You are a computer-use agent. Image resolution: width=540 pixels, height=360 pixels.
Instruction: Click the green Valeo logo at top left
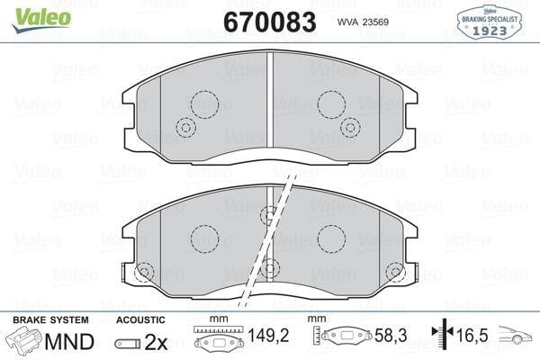41,20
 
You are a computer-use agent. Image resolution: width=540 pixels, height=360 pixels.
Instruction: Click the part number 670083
270,22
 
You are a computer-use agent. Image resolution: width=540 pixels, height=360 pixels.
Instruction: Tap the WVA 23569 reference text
363,22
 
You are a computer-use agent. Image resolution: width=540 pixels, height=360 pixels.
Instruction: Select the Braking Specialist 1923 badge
489,22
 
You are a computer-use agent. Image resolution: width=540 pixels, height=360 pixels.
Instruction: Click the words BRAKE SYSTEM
50,320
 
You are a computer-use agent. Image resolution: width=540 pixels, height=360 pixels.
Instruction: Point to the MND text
69,342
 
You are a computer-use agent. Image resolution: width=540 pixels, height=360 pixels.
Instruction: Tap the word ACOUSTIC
140,320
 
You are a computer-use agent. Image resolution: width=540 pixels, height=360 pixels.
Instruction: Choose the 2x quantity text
156,342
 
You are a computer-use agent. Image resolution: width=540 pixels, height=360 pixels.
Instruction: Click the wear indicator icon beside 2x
128,344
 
